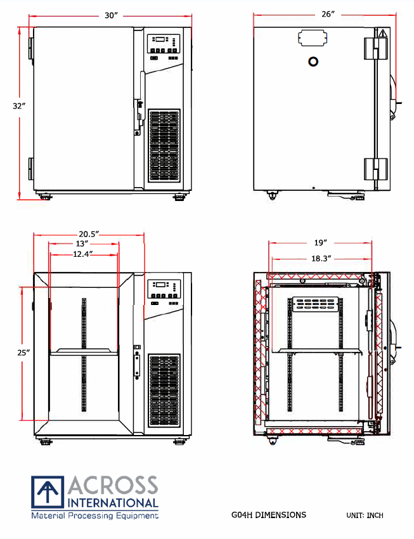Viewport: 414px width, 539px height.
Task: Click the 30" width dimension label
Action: [x=112, y=15]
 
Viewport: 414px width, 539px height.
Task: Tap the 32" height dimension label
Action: [x=19, y=107]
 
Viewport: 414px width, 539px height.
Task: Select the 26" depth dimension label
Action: [x=328, y=14]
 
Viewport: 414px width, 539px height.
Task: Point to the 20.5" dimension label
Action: [x=89, y=234]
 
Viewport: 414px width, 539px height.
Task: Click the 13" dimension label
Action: [x=82, y=244]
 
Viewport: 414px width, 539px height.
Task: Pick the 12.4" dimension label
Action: [x=83, y=254]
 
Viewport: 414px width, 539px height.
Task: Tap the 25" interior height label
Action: [x=23, y=353]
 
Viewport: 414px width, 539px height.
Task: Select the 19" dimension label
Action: [x=321, y=243]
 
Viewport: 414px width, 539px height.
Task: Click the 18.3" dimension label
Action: [x=321, y=259]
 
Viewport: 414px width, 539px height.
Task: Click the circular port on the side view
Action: [x=313, y=62]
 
